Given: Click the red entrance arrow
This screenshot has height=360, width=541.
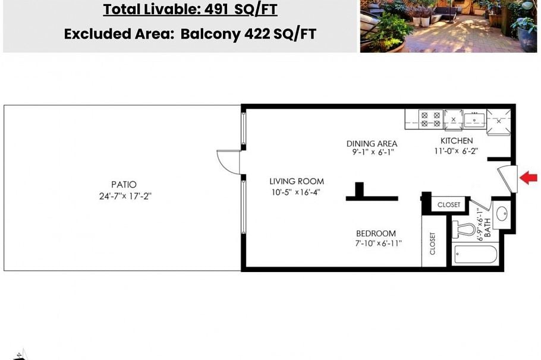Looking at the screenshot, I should pos(529,178).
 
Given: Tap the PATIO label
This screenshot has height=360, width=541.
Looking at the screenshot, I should pos(124,185).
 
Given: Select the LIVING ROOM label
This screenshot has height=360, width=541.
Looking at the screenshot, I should pos(297,181).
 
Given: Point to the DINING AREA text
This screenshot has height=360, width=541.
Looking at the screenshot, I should pos(372,143).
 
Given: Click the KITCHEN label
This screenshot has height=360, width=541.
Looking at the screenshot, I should pos(457,141).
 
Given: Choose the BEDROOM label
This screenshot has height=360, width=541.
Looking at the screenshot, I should pos(376,233).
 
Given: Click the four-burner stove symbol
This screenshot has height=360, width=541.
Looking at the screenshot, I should pos(430,119).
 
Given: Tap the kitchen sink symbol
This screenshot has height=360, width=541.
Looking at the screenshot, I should pos(474,119).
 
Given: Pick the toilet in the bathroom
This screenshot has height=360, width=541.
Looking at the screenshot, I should pos(464,229).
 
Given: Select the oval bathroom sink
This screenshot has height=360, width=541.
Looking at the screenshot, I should pos(501,213).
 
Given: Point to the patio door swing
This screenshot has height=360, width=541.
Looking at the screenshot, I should pos(228,161).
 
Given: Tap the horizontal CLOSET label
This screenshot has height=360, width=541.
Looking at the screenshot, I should pos(449,204).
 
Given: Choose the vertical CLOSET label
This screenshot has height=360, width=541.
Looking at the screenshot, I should pos(432,244).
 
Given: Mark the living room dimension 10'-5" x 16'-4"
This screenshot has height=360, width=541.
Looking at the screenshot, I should pos(297,192).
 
